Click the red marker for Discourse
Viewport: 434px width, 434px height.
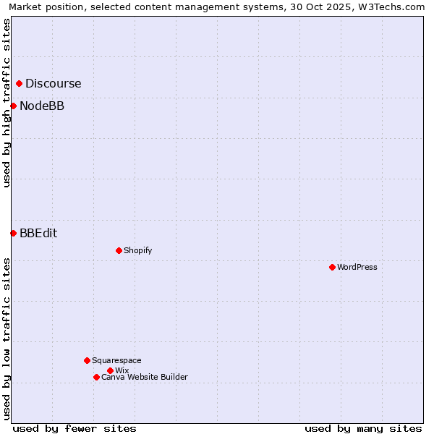tap(19, 83)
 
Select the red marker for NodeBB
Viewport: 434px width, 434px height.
tap(13, 106)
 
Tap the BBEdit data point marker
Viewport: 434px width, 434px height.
tap(13, 233)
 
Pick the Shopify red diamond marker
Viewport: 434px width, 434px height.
tap(119, 250)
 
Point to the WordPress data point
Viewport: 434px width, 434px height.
tap(332, 267)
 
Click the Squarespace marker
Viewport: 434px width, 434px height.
tap(87, 360)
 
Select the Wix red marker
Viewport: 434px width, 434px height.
tap(110, 370)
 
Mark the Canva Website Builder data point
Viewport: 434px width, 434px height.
tap(96, 377)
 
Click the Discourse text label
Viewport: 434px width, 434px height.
tap(53, 83)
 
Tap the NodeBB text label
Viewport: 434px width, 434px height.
tap(41, 106)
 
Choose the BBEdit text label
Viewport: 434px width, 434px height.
tap(38, 233)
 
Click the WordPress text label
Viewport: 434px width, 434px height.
tap(357, 267)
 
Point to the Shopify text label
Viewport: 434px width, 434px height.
tap(137, 250)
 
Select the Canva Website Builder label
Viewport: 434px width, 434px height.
tap(145, 377)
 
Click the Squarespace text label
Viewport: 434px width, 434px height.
tap(116, 360)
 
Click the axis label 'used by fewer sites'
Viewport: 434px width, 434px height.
tap(75, 428)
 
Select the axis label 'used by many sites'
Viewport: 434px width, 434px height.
tap(363, 428)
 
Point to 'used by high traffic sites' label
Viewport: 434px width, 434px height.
tap(7, 103)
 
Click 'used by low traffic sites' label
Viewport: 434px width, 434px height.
tap(7, 339)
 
